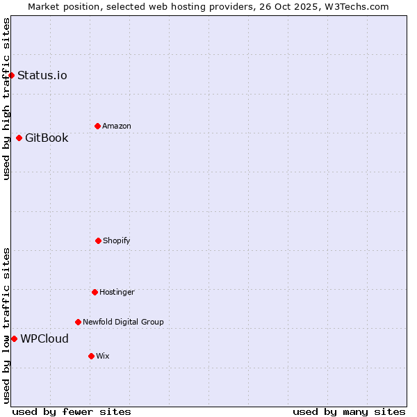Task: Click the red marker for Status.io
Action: pyautogui.click(x=11, y=75)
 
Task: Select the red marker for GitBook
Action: pyautogui.click(x=19, y=138)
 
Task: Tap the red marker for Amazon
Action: pyautogui.click(x=97, y=126)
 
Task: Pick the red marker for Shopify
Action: pyautogui.click(x=98, y=240)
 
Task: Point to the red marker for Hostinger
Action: pyautogui.click(x=95, y=292)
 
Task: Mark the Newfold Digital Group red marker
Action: pyautogui.click(x=78, y=322)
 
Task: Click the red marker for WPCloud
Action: pyautogui.click(x=14, y=338)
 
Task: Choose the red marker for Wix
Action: pyautogui.click(x=91, y=356)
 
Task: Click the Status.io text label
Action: pyautogui.click(x=42, y=75)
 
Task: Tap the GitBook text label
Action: pyautogui.click(x=47, y=138)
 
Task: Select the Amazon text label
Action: pyautogui.click(x=117, y=126)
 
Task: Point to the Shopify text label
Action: pyautogui.click(x=117, y=240)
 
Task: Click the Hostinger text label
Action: pyautogui.click(x=117, y=292)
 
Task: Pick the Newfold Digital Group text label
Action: pyautogui.click(x=123, y=322)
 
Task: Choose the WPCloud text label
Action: pyautogui.click(x=44, y=338)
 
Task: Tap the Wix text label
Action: pyautogui.click(x=103, y=356)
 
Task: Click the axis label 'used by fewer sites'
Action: pyautogui.click(x=72, y=411)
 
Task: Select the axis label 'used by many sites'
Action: pyautogui.click(x=349, y=411)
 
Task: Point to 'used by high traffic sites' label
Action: pyautogui.click(x=6, y=99)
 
